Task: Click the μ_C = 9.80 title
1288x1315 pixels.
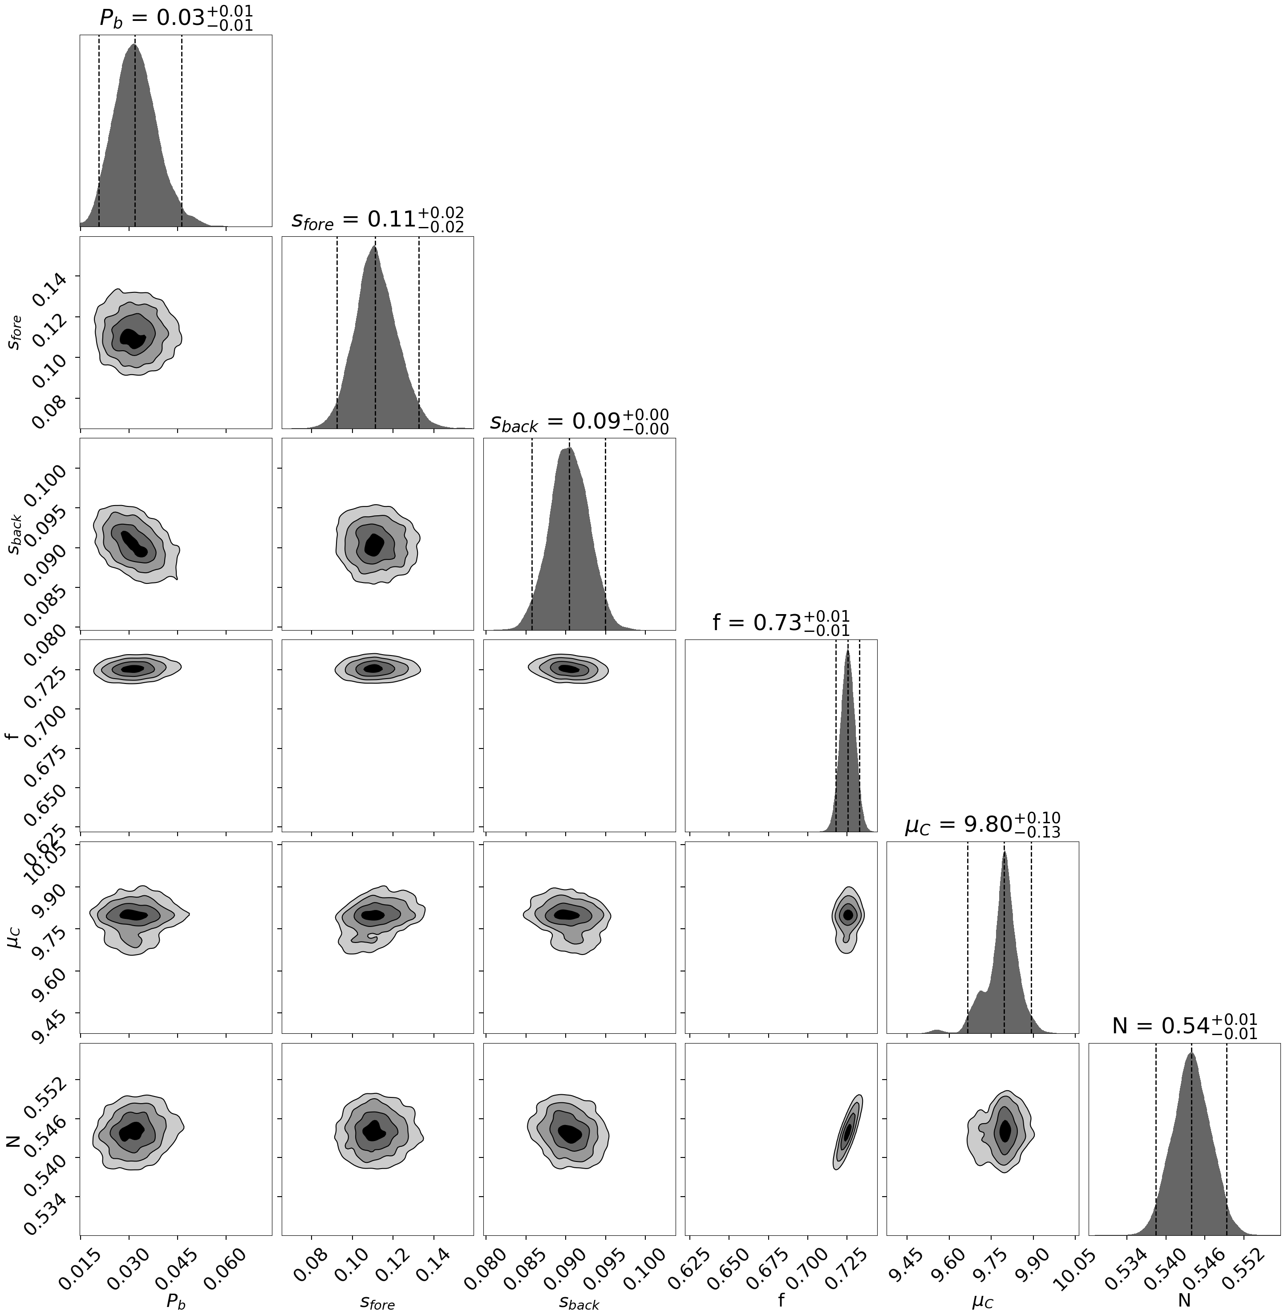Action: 982,825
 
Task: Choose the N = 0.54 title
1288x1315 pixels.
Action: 1184,1026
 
